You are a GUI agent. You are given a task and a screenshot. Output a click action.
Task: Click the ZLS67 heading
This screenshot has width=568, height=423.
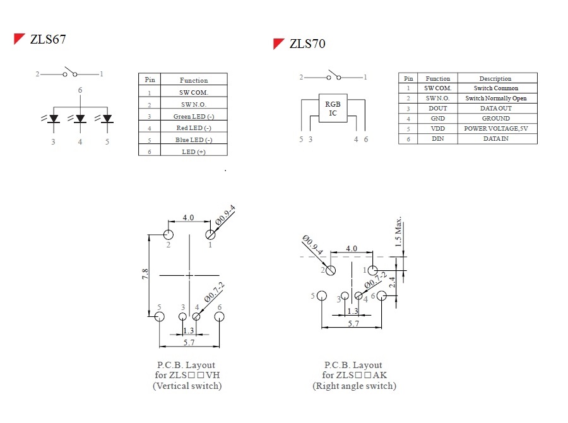(48, 40)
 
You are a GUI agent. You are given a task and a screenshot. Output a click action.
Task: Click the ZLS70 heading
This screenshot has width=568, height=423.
(307, 44)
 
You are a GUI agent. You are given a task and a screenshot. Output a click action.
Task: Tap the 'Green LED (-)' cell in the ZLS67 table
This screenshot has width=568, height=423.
(193, 116)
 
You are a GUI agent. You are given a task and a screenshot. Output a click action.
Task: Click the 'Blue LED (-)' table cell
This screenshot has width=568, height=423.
(193, 140)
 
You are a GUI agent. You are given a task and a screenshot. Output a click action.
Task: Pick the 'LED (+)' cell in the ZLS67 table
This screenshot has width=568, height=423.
(193, 152)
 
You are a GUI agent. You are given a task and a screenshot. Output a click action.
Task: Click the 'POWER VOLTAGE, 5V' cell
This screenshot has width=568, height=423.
(496, 128)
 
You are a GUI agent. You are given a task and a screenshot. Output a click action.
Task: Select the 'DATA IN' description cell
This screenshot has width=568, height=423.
(496, 138)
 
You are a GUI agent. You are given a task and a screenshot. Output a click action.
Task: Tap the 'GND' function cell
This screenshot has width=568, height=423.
(437, 118)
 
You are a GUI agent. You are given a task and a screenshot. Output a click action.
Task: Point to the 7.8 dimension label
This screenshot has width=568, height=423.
(145, 274)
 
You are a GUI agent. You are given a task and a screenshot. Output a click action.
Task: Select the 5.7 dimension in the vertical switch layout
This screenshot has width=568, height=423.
(189, 342)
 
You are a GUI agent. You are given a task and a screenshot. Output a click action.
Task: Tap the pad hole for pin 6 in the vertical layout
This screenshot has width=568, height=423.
(220, 316)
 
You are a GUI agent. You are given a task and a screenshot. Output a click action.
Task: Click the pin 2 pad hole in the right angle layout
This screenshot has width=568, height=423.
(331, 270)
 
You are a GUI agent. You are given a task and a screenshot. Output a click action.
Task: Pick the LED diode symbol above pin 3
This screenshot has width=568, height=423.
(54, 119)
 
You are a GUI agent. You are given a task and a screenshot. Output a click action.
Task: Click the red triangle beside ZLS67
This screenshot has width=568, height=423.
(20, 39)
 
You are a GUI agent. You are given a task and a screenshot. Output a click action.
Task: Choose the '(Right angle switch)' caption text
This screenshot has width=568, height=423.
(354, 386)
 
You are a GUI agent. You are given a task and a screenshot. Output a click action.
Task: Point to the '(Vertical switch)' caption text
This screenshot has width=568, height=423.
(187, 386)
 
